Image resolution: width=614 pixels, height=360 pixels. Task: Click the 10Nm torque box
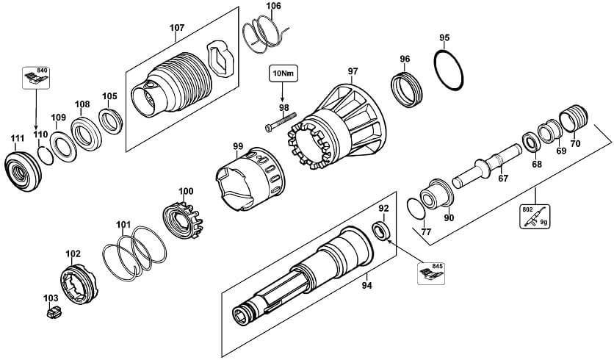tap(283, 73)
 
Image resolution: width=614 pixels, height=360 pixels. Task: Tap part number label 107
tap(176, 28)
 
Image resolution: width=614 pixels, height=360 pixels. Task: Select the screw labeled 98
tap(281, 121)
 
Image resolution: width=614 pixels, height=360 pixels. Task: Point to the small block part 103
tap(54, 312)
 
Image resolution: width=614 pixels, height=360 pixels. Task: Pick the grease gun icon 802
tap(535, 217)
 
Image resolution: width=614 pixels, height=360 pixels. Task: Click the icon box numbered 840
tap(36, 78)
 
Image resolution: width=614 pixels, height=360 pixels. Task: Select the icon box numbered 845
tap(430, 273)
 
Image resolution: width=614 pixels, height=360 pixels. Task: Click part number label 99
tap(238, 146)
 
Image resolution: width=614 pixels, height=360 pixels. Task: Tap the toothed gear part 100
tap(182, 220)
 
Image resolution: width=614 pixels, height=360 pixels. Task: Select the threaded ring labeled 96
tap(407, 90)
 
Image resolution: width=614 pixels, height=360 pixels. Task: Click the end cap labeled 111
tap(23, 171)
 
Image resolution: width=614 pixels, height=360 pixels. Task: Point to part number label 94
tap(366, 286)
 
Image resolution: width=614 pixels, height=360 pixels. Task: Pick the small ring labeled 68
tap(532, 143)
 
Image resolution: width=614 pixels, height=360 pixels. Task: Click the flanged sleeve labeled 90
tap(436, 194)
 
